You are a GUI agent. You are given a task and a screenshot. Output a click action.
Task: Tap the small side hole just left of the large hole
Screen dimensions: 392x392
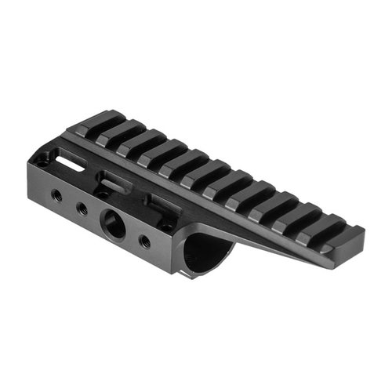point(81,208)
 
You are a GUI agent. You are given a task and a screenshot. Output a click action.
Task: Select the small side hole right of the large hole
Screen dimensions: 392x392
point(144,240)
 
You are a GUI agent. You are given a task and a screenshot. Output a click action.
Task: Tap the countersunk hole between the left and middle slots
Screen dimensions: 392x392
point(101,191)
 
